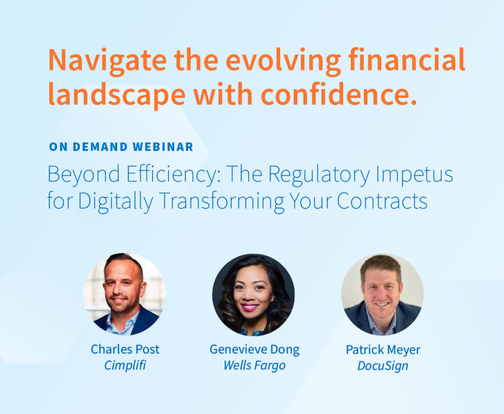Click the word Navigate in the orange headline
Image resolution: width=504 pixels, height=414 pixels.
(107, 61)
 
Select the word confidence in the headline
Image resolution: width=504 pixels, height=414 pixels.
(339, 95)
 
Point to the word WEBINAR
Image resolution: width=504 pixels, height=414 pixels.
(162, 147)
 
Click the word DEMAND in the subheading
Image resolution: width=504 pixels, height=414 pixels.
(100, 147)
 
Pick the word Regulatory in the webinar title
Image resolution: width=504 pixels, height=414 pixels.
(319, 175)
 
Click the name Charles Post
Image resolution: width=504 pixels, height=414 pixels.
(125, 350)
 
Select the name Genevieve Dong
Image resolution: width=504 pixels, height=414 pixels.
(254, 350)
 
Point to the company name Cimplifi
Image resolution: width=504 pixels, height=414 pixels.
(125, 365)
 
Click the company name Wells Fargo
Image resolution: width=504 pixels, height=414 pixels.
(254, 366)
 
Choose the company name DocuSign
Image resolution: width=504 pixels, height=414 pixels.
(383, 366)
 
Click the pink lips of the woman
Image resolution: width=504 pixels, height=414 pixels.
(250, 307)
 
